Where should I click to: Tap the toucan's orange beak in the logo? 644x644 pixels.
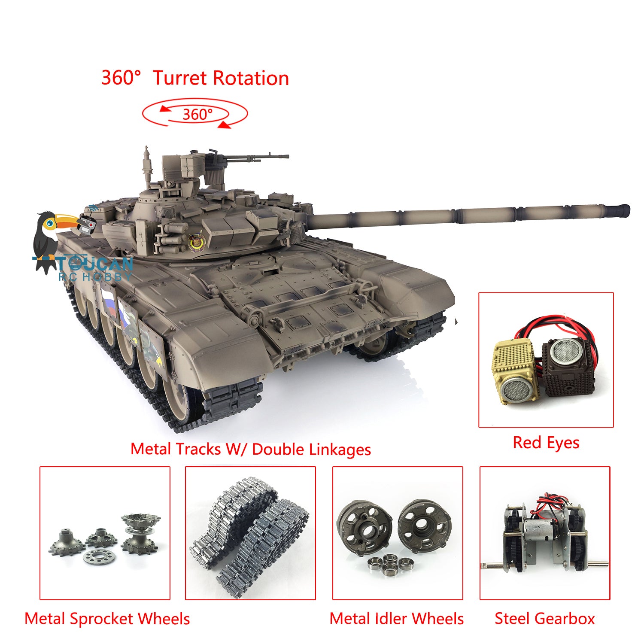point(67,221)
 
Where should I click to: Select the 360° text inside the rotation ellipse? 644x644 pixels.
point(197,114)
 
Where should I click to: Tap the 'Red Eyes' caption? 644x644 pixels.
point(546,443)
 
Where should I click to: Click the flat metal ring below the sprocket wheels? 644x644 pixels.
point(99,557)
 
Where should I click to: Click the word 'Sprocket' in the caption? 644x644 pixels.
point(101,619)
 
